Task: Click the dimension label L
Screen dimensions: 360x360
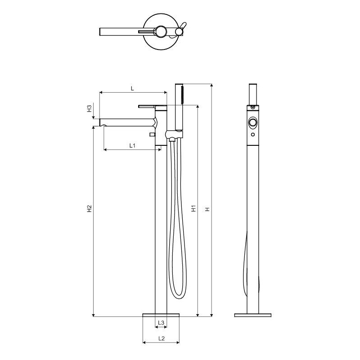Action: (132, 88)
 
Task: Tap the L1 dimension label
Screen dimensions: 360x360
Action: (132, 145)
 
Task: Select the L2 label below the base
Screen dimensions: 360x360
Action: (162, 338)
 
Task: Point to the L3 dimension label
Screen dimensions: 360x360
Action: (161, 323)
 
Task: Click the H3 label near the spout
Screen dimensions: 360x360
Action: (89, 108)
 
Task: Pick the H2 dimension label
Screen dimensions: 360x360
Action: (89, 208)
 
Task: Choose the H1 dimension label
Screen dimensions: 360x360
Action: (194, 208)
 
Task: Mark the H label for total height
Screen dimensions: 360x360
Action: (207, 209)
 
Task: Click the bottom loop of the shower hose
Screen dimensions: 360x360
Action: (179, 296)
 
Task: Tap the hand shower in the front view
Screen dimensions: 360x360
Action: (179, 107)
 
